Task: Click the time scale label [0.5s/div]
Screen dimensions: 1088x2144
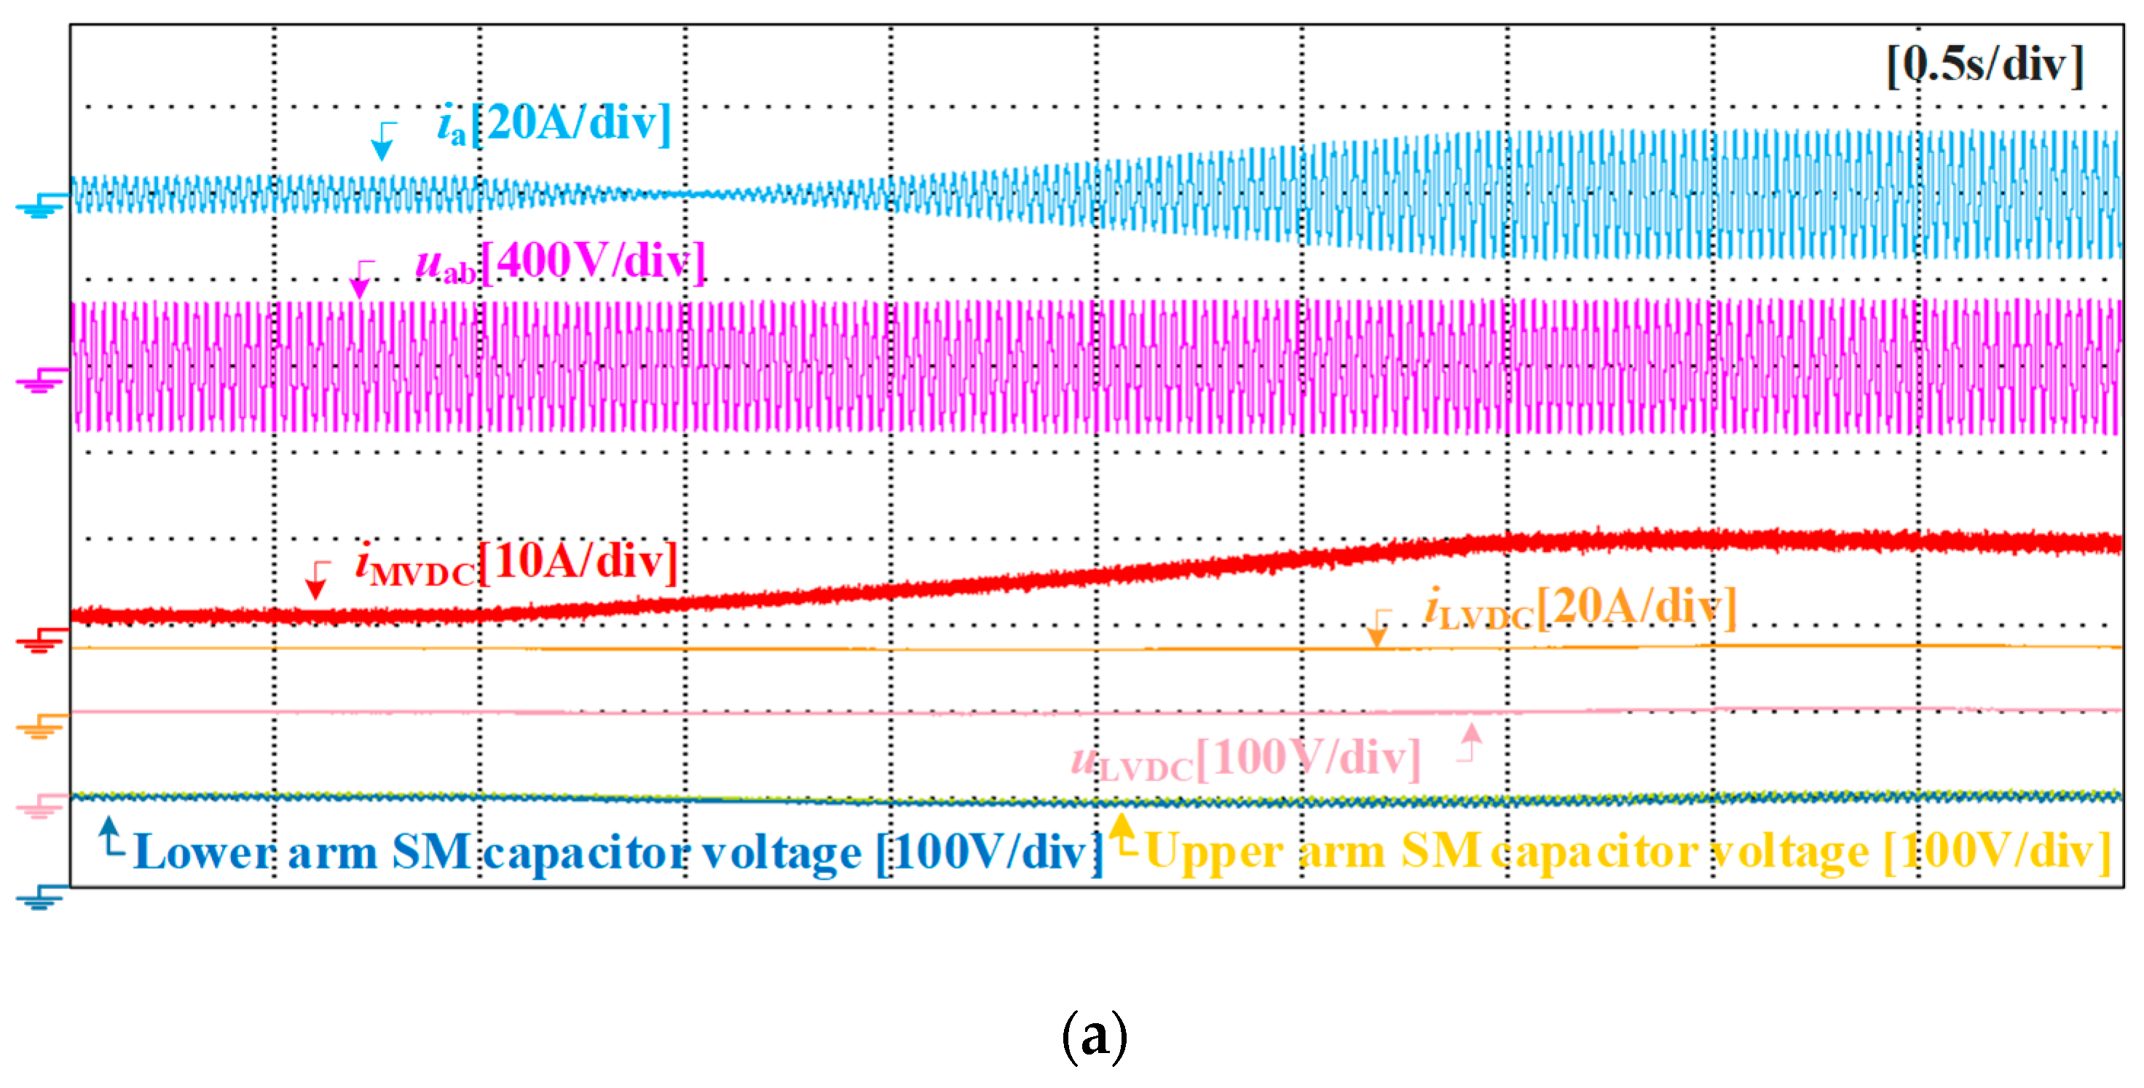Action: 1986,64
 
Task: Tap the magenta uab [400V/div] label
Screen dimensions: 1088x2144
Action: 560,262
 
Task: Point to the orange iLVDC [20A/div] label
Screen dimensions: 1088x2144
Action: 1580,607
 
